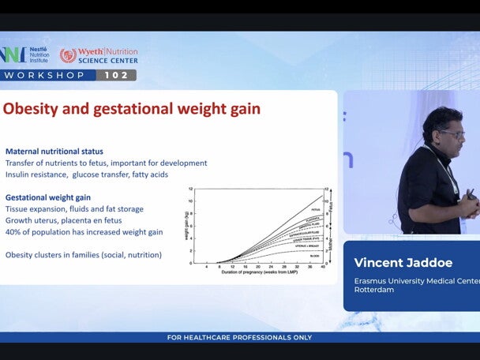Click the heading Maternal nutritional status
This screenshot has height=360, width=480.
(x=54, y=152)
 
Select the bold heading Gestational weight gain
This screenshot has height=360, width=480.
(x=48, y=197)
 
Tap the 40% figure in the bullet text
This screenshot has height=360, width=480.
(x=13, y=232)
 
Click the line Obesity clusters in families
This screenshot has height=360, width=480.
(x=83, y=255)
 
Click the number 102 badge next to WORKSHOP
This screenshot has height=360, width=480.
(x=117, y=75)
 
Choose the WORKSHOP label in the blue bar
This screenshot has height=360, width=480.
(x=45, y=75)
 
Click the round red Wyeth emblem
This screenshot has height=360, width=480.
(x=69, y=55)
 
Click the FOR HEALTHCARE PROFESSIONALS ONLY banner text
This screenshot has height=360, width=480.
(x=239, y=338)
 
